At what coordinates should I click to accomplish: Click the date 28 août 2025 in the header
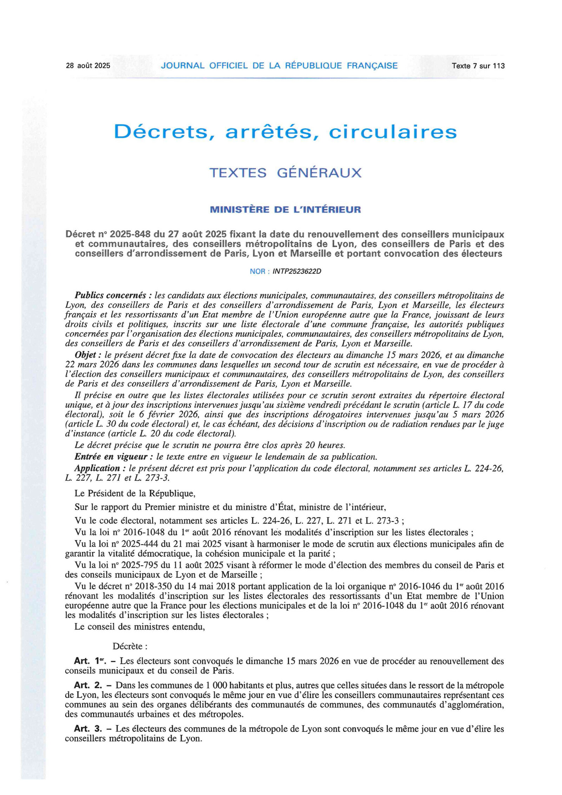pyautogui.click(x=88, y=66)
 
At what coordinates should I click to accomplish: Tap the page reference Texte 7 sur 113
pyautogui.click(x=478, y=66)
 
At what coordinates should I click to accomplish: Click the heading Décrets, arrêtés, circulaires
pyautogui.click(x=285, y=132)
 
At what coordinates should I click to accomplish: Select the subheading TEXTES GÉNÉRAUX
pyautogui.click(x=285, y=173)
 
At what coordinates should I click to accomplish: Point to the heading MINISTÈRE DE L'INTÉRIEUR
pyautogui.click(x=285, y=210)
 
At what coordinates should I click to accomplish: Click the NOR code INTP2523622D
pyautogui.click(x=297, y=272)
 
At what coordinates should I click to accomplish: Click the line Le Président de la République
pyautogui.click(x=135, y=493)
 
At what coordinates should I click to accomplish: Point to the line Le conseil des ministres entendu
pyautogui.click(x=139, y=627)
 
